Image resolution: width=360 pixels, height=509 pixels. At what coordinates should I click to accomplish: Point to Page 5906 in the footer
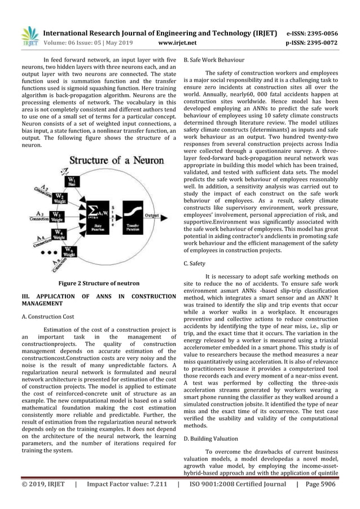(327, 499)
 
